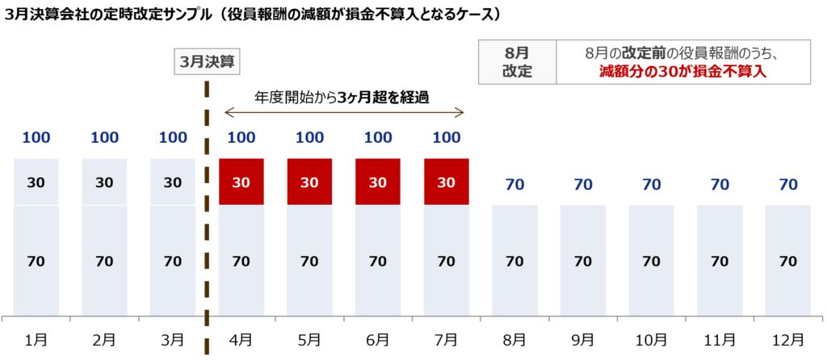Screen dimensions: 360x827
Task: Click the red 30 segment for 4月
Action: point(241,182)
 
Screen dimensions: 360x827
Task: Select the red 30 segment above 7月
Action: point(447,182)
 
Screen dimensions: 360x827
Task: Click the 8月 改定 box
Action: point(517,62)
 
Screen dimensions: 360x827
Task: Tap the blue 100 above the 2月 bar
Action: point(105,137)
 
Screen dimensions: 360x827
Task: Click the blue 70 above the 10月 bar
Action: point(652,184)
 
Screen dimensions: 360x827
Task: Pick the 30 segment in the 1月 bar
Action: point(36,182)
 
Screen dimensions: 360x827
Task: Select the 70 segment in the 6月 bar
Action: point(378,261)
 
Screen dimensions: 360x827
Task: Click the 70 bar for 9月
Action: point(583,261)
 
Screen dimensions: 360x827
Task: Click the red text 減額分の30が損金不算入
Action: point(682,72)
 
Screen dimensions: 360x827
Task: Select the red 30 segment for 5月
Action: point(310,182)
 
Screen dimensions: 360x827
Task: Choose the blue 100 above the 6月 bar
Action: point(378,137)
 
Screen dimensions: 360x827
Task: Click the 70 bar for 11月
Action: point(720,261)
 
